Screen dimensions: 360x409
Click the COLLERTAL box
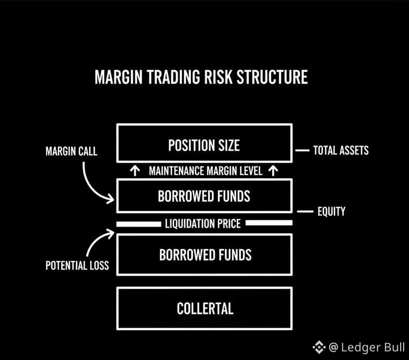coord(204,308)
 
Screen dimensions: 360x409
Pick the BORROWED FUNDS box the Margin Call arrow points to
coord(204,196)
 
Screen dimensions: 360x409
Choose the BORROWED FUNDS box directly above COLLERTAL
coord(204,254)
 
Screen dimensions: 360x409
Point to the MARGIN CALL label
coord(72,151)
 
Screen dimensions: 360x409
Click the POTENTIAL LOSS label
coord(77,266)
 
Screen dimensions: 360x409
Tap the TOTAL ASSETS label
coord(341,150)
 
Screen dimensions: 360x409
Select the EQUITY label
coord(332,212)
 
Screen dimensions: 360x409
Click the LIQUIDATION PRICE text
coord(203,224)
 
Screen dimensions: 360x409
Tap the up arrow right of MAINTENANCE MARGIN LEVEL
coord(274,171)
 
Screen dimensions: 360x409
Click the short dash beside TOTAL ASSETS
coord(301,150)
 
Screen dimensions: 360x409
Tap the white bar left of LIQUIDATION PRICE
coord(139,224)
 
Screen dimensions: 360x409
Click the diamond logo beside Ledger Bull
coord(319,347)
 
